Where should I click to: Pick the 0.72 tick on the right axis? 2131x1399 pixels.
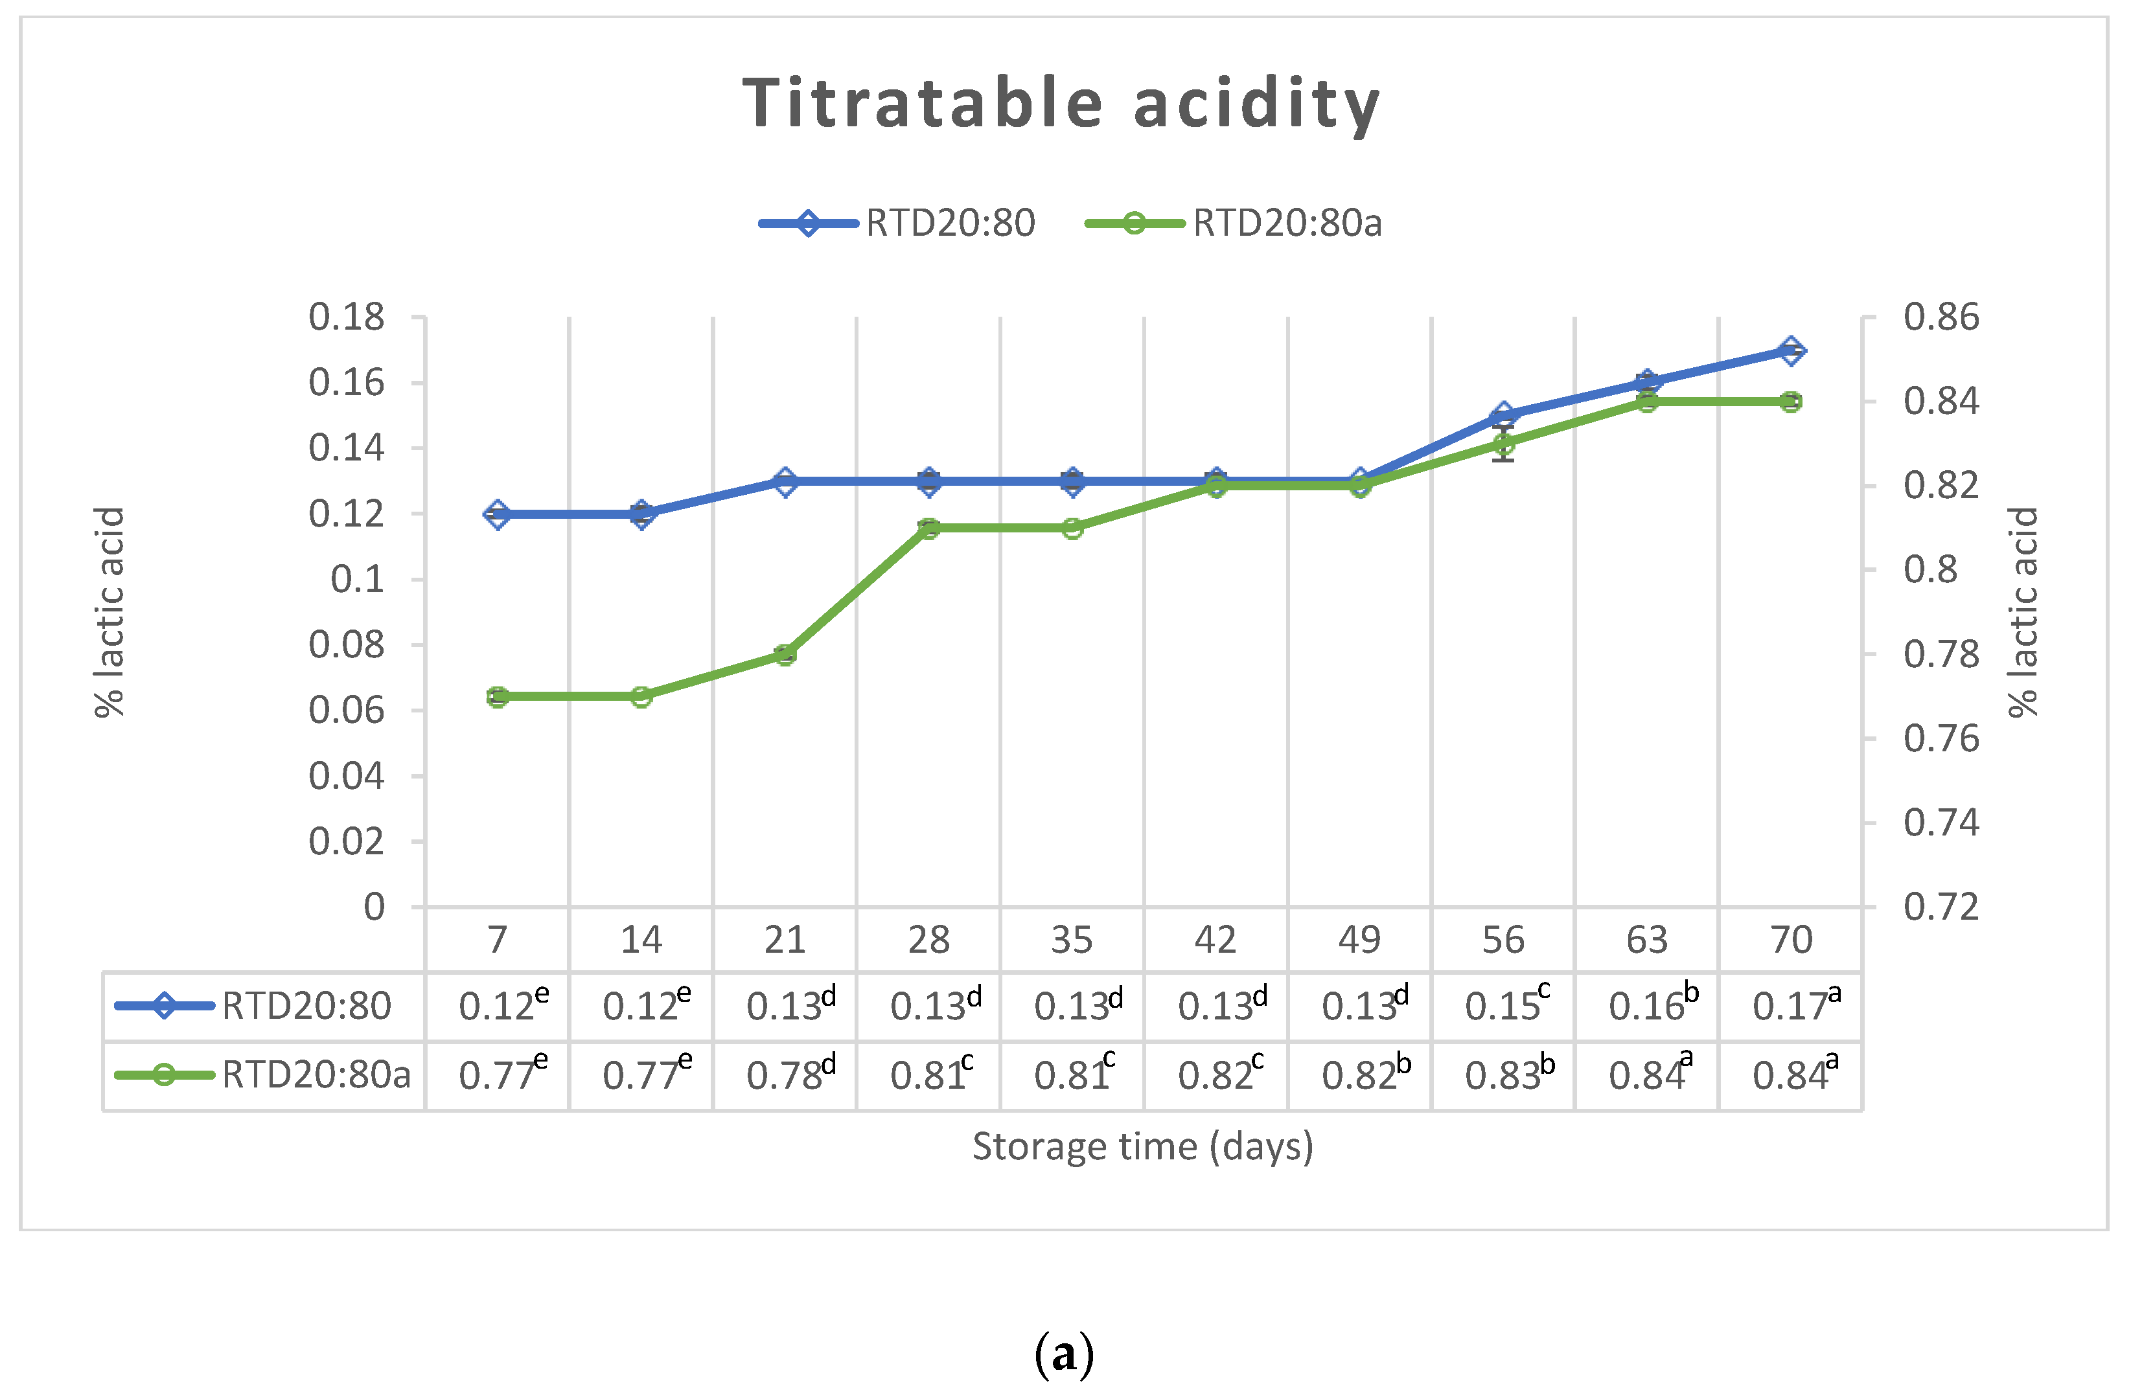tap(1941, 907)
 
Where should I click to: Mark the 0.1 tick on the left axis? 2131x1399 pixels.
tap(357, 579)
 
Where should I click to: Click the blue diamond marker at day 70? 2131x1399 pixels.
tap(1791, 351)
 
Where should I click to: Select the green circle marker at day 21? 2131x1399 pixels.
tap(785, 654)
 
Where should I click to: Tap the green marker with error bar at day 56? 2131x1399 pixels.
tap(1503, 444)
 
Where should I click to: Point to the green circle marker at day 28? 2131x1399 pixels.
tap(928, 528)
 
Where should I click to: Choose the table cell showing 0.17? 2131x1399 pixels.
tap(1791, 1005)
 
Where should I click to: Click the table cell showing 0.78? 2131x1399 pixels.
tap(785, 1074)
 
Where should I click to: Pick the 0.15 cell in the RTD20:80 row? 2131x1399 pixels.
tap(1503, 1005)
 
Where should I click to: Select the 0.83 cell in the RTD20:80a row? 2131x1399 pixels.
tap(1503, 1074)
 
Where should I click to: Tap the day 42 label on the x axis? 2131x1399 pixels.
tap(1215, 940)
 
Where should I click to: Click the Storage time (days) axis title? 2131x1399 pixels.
tap(1142, 1146)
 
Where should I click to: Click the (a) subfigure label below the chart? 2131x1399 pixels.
tap(1064, 1354)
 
